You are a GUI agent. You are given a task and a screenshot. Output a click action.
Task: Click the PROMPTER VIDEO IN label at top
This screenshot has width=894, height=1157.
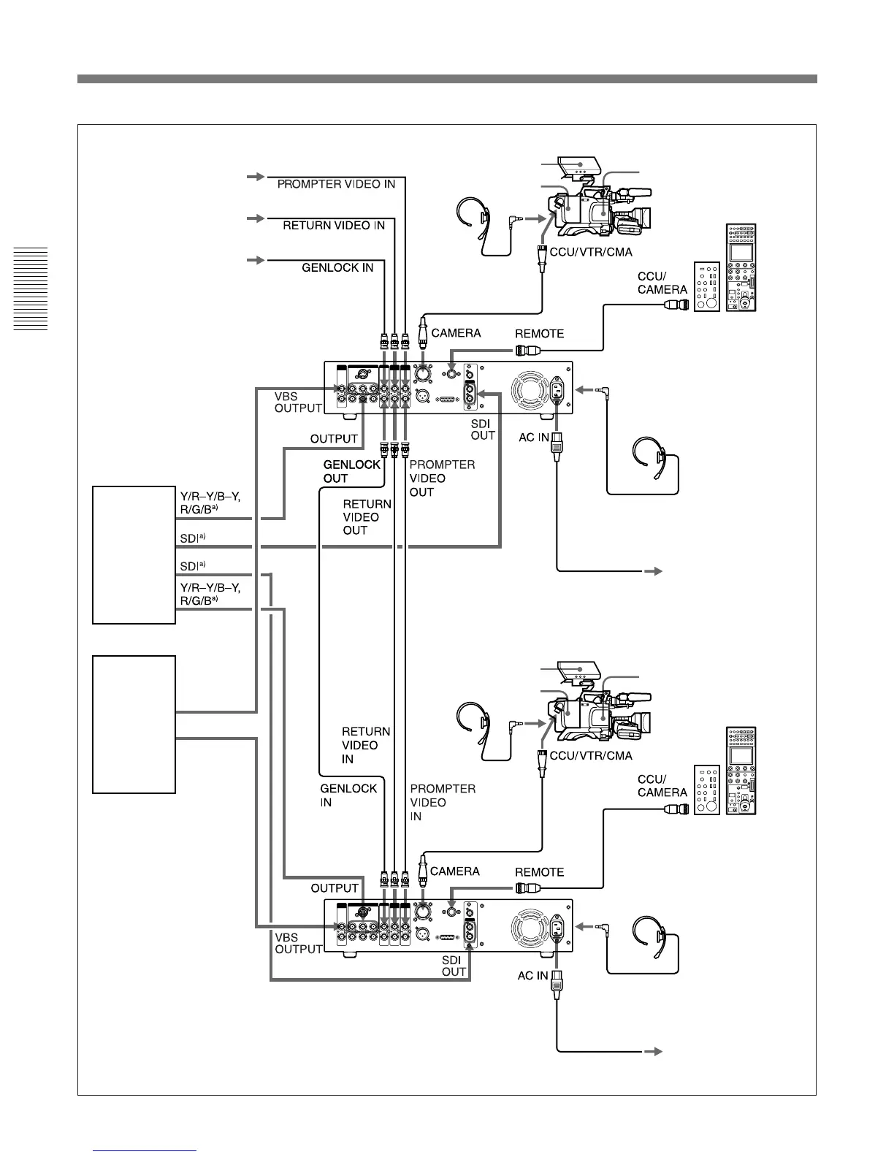pos(336,184)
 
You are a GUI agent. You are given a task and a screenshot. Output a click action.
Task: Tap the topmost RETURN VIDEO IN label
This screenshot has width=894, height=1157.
pos(334,226)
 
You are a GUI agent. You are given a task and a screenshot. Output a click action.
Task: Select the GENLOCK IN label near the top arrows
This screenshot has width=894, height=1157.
pos(337,268)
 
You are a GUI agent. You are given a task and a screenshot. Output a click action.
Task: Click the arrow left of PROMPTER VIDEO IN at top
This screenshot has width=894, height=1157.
pos(255,177)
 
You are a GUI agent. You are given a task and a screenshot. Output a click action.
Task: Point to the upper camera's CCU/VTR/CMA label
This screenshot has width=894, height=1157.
pos(591,252)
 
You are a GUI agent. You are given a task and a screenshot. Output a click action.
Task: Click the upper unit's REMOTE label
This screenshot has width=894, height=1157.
pos(539,334)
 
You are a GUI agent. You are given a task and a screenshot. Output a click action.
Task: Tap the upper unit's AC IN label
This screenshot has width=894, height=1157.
pos(533,437)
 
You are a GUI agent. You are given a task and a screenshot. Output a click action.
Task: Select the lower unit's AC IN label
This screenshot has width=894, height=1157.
pos(532,975)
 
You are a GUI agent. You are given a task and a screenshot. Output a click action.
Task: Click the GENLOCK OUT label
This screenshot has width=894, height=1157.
pos(352,471)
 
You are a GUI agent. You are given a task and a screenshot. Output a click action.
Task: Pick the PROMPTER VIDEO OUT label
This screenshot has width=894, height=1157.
pos(442,478)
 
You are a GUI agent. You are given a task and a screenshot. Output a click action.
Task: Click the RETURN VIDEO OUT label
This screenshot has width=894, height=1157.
pos(367,517)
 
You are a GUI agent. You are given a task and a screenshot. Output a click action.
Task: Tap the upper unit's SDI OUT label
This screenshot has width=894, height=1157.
pos(483,429)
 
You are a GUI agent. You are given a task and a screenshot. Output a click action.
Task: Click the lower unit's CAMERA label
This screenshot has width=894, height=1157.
pos(454,871)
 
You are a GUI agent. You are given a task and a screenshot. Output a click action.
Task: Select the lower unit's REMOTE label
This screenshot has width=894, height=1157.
pos(539,872)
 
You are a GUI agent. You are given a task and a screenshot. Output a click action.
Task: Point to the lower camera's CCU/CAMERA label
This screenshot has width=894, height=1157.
pos(662,786)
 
